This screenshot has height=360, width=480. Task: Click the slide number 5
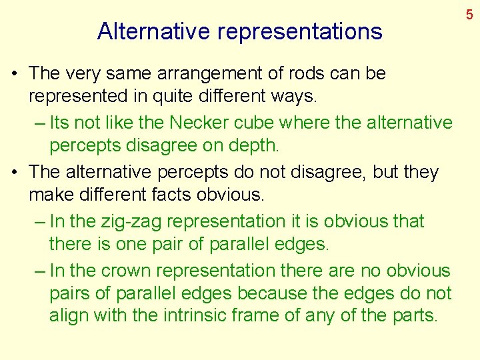click(x=469, y=13)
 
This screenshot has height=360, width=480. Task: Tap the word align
click(x=69, y=315)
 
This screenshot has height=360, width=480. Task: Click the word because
click(x=276, y=293)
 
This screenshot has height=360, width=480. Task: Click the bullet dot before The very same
click(x=15, y=73)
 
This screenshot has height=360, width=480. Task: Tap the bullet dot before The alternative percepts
click(x=15, y=172)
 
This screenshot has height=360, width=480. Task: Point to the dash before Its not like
click(x=38, y=123)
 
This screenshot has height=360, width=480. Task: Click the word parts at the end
click(x=415, y=315)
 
